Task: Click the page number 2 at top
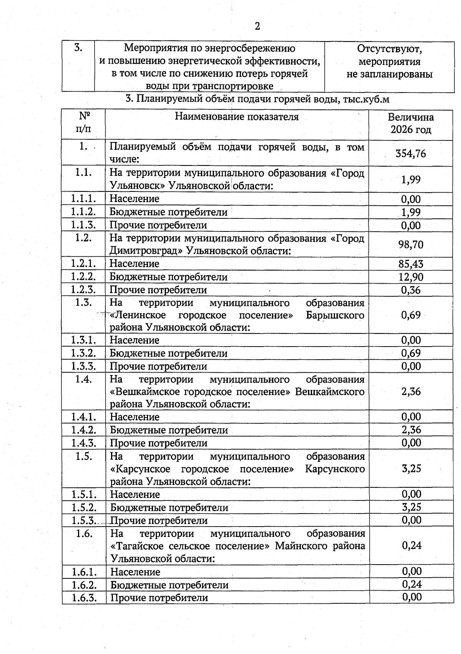(257, 26)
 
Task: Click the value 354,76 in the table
(411, 154)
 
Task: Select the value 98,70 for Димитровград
(411, 244)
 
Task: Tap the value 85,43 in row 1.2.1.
(411, 264)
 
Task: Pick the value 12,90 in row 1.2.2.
(411, 277)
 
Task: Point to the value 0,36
(411, 290)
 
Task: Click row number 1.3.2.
(83, 353)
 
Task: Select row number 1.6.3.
(84, 598)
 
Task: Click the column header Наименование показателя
(237, 117)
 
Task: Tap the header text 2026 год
(411, 130)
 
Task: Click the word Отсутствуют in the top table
(389, 49)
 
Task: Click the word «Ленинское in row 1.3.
(138, 315)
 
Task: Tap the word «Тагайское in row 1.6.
(138, 546)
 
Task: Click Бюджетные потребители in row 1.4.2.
(169, 430)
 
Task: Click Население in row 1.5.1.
(135, 494)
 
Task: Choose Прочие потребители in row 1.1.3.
(158, 225)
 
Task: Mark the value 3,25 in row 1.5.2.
(411, 507)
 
